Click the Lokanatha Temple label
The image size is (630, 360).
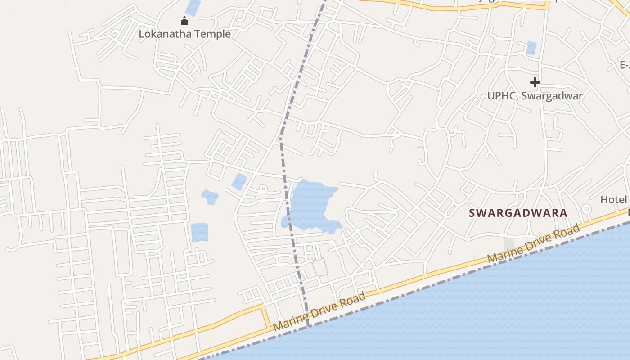click(x=184, y=34)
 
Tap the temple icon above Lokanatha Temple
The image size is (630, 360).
click(x=184, y=21)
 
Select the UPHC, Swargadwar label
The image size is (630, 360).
click(x=535, y=96)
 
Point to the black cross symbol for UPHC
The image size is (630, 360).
click(x=535, y=82)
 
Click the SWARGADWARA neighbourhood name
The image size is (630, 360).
click(x=518, y=213)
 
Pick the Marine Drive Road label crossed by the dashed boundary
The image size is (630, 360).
click(x=319, y=312)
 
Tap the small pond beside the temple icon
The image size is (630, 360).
click(x=193, y=7)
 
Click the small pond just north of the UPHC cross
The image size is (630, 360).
click(x=531, y=48)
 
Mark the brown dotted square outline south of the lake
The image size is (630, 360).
click(x=320, y=266)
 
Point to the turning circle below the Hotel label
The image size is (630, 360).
click(x=586, y=209)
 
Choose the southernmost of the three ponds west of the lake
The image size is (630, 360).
click(x=199, y=232)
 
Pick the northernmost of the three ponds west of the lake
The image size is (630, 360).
click(x=239, y=181)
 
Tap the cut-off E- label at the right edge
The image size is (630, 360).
click(x=625, y=65)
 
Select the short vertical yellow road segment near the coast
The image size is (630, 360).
click(x=264, y=317)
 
